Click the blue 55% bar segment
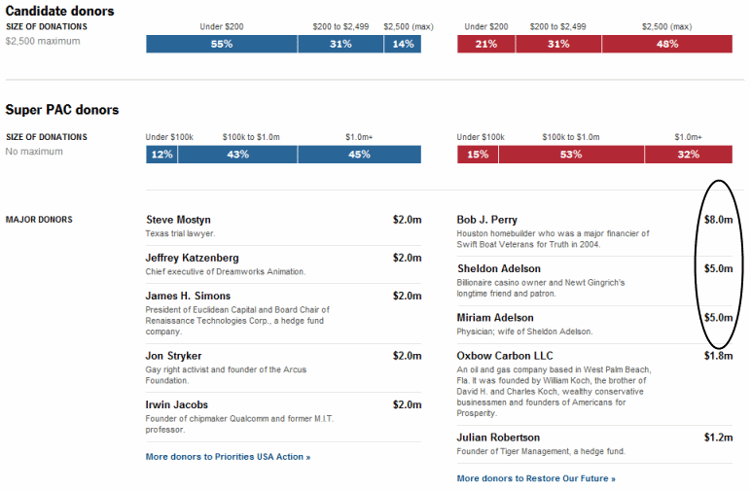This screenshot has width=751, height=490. click(x=222, y=44)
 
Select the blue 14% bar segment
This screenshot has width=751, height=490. click(x=403, y=44)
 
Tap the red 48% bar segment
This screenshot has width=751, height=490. click(x=666, y=44)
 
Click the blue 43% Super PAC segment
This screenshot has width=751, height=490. click(x=237, y=155)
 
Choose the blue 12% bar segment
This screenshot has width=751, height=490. click(x=161, y=155)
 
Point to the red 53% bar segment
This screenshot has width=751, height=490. click(x=570, y=155)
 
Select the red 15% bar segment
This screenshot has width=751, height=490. click(x=479, y=155)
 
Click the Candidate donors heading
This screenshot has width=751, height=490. click(x=59, y=11)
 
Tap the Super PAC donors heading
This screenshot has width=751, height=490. click(x=62, y=110)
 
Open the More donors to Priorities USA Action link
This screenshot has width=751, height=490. click(x=228, y=456)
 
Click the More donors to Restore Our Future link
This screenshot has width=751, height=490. click(x=536, y=478)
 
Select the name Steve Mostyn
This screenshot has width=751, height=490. click(x=178, y=220)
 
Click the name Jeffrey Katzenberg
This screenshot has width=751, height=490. click(x=191, y=258)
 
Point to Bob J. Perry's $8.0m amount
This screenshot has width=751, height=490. click(x=718, y=220)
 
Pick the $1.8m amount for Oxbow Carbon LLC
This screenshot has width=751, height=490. click(x=718, y=356)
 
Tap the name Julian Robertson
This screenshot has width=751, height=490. click(x=498, y=437)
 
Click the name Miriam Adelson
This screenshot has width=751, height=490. click(x=495, y=318)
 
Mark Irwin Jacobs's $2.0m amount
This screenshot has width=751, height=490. click(x=407, y=404)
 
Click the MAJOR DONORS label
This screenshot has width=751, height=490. click(x=38, y=220)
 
